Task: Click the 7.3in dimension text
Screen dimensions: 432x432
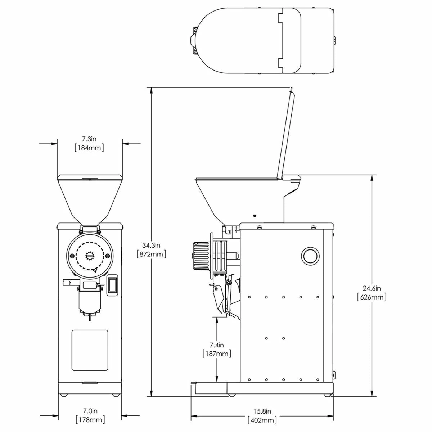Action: point(89,139)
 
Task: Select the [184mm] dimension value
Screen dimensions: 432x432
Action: point(89,148)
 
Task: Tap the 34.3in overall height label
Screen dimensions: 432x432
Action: point(151,246)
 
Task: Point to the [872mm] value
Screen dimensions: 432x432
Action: point(151,255)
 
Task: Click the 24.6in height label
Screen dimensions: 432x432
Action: point(372,288)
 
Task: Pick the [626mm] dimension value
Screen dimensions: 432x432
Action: point(372,297)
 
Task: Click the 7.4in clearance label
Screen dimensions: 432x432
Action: point(217,345)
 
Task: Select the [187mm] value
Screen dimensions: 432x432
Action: point(217,354)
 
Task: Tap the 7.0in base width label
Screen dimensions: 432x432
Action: point(90,411)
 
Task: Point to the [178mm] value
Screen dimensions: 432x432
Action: point(90,420)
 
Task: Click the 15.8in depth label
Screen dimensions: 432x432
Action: point(262,411)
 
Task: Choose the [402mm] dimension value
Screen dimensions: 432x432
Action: point(262,420)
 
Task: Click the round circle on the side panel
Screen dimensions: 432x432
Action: point(310,256)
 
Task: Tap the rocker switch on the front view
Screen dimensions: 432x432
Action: point(113,285)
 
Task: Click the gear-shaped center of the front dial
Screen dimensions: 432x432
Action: point(90,255)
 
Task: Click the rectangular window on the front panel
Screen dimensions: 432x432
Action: point(90,350)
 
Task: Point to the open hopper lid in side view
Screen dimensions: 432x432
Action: point(285,133)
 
